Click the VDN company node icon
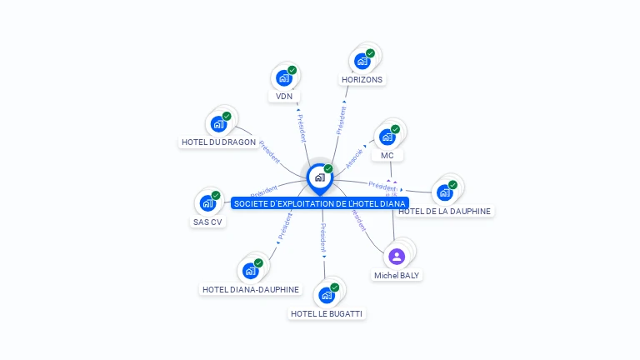click(x=284, y=78)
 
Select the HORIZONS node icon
click(x=362, y=61)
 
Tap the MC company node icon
click(x=387, y=137)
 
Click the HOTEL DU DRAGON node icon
click(x=218, y=124)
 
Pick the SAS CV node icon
click(x=207, y=203)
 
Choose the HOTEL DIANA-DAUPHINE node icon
click(x=250, y=271)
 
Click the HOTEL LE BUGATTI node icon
click(x=327, y=295)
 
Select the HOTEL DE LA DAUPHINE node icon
click(x=445, y=192)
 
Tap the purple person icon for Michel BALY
click(x=397, y=256)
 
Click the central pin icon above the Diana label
click(x=319, y=177)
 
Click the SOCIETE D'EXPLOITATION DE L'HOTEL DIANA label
click(x=320, y=203)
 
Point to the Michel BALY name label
click(x=397, y=275)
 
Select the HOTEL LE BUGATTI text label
click(x=327, y=313)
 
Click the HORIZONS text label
click(x=362, y=80)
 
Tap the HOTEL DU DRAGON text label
click(x=218, y=142)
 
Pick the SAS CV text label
click(x=207, y=222)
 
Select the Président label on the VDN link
click(x=301, y=125)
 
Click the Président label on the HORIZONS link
click(x=341, y=119)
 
